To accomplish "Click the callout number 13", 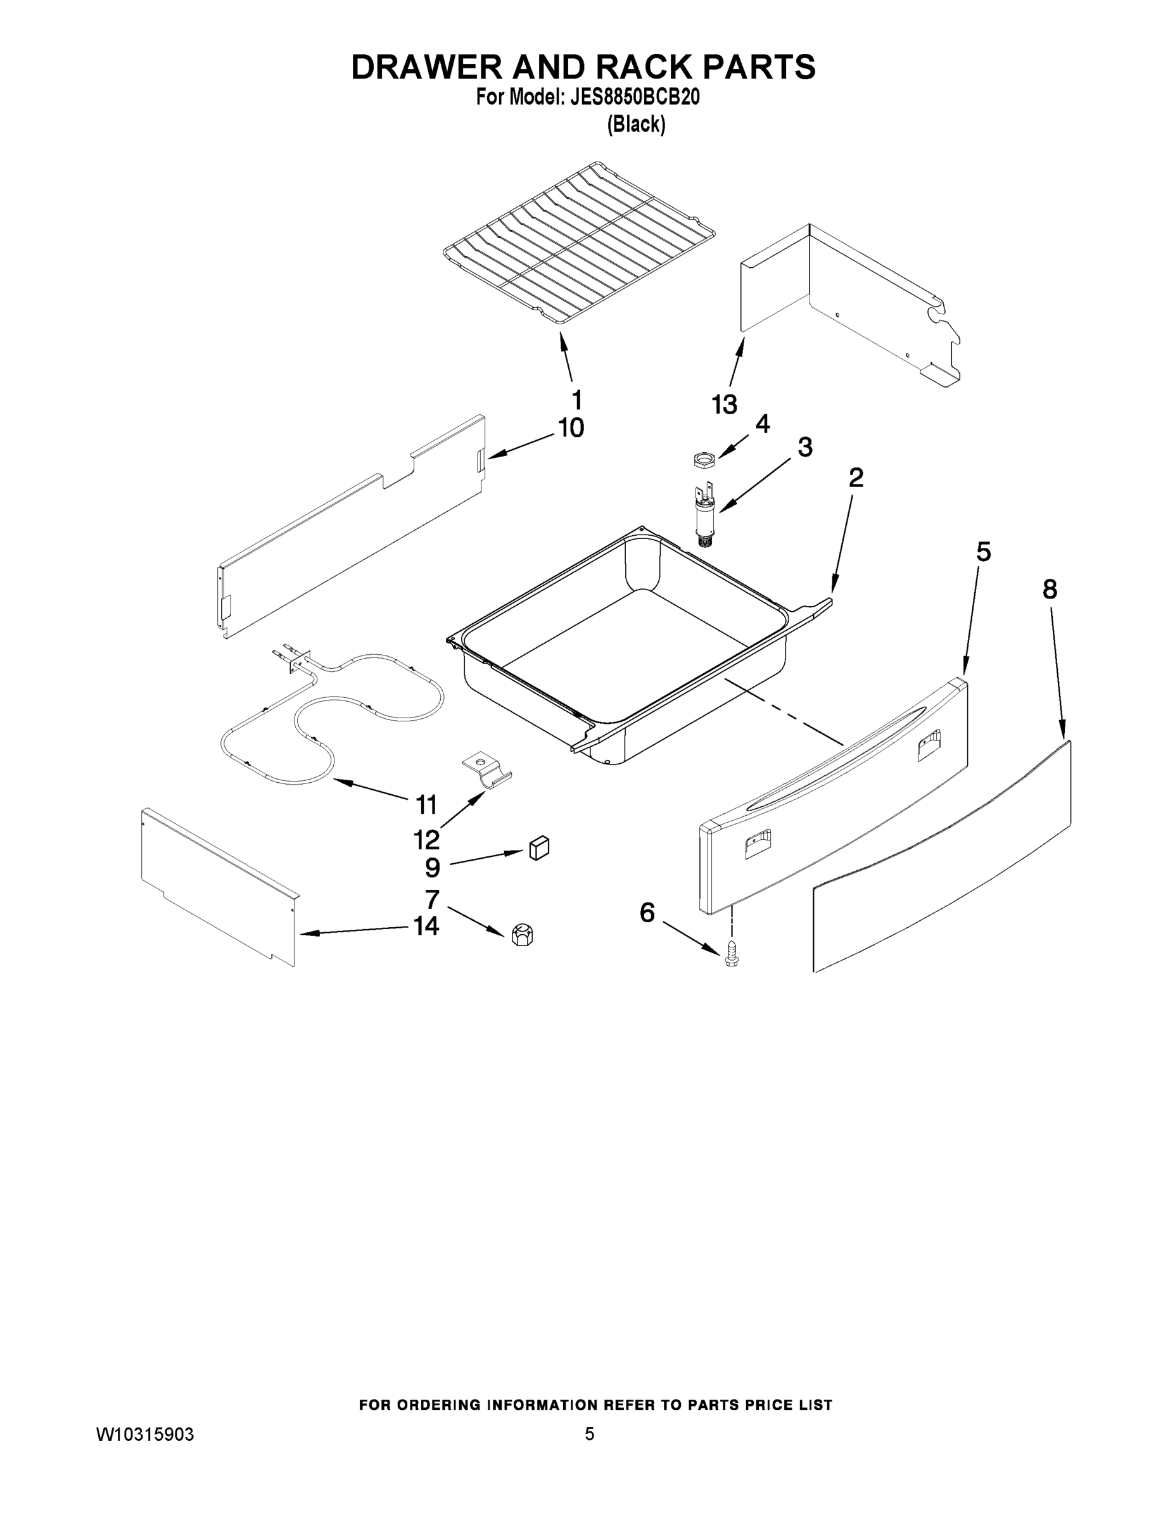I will coord(724,404).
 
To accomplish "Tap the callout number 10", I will coord(571,428).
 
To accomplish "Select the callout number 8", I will coord(1050,590).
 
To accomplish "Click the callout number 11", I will coord(426,804).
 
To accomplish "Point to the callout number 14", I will coord(426,926).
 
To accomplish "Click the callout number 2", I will coord(856,478).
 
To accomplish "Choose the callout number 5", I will coord(983,552).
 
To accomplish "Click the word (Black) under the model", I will coord(636,125).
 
